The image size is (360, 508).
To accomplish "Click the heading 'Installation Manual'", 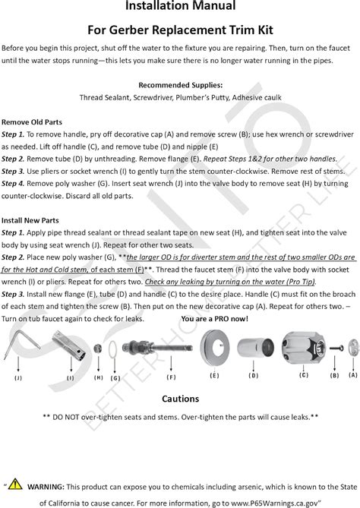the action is (x=180, y=7).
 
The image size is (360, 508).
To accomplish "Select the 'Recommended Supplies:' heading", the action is (x=180, y=84).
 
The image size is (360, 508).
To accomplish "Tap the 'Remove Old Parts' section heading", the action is (x=32, y=121).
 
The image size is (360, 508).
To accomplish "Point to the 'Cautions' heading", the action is (x=180, y=399).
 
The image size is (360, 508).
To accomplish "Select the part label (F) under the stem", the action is (x=172, y=377).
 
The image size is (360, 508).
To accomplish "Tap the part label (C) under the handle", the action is (x=304, y=375).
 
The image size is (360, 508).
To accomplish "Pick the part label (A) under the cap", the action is (x=352, y=375).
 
